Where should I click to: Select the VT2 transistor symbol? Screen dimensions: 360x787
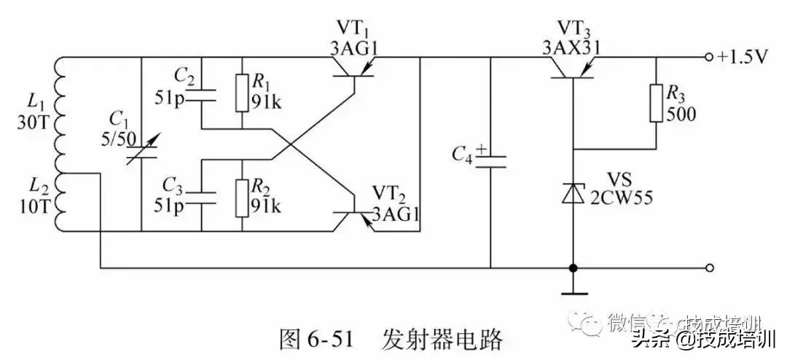[x=353, y=212]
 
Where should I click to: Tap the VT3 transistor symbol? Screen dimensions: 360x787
[x=572, y=68]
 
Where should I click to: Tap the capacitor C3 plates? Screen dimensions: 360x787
[x=202, y=196]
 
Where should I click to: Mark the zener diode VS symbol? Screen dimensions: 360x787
[x=573, y=193]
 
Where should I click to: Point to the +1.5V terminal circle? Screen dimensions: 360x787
[x=708, y=58]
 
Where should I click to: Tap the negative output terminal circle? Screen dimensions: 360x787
[x=708, y=267]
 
